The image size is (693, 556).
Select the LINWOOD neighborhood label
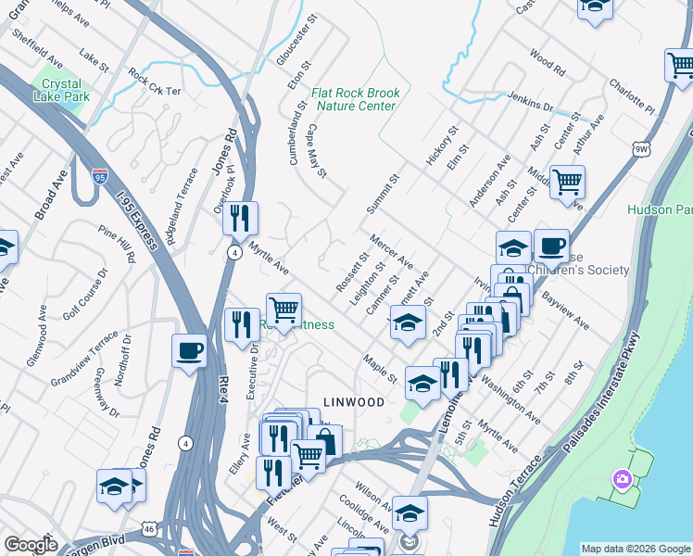pos(353,401)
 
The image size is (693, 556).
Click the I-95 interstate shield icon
pos(100,174)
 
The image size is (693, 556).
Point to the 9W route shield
pos(641,147)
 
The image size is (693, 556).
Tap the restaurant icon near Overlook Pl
pos(240,219)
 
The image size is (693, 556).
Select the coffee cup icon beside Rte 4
pos(190,351)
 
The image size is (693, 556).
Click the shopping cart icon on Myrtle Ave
pos(283,310)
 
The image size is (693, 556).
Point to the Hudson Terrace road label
pos(514,490)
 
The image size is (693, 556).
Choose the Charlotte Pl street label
pos(632,96)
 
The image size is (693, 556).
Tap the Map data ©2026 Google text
pos(635,549)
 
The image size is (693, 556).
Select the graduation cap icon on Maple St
pos(422,384)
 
